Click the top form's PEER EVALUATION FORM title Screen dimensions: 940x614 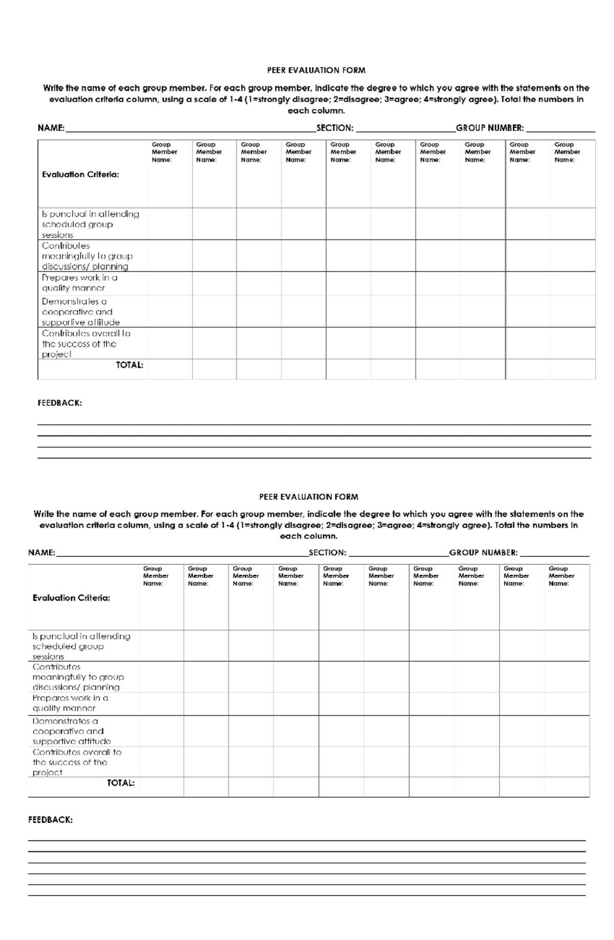pos(316,70)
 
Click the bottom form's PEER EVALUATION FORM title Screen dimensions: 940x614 pos(308,496)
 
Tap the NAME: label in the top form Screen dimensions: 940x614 pos(51,128)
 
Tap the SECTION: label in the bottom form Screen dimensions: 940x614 pos(327,553)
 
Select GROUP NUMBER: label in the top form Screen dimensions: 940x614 pos(490,128)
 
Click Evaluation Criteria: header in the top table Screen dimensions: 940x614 pos(80,175)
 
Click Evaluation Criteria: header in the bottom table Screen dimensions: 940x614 pos(71,598)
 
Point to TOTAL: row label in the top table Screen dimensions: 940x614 pos(129,365)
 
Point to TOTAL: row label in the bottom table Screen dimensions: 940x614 pos(121,783)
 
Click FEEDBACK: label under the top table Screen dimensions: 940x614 pos(59,403)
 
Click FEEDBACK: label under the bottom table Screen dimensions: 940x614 pos(50,820)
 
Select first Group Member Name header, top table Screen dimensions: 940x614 pos(164,152)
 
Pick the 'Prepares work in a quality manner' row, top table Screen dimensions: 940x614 pos(80,283)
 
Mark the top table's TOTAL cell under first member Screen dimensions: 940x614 pos(170,369)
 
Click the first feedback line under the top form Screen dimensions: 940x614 pos(314,424)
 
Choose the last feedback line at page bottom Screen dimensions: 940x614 pos(306,895)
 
